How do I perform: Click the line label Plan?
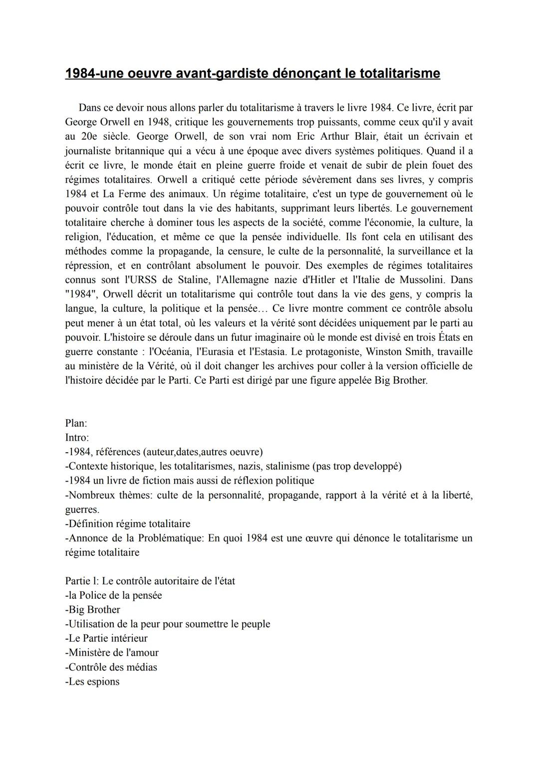[x=76, y=423]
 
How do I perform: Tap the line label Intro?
[x=77, y=438]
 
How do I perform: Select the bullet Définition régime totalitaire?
[x=128, y=523]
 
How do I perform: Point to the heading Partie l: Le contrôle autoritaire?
[x=150, y=581]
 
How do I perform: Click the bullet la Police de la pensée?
[x=114, y=595]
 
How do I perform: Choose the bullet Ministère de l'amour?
[x=112, y=653]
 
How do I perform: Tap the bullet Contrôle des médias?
[x=111, y=667]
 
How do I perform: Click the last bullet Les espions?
[x=92, y=682]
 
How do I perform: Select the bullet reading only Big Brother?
[x=93, y=610]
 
